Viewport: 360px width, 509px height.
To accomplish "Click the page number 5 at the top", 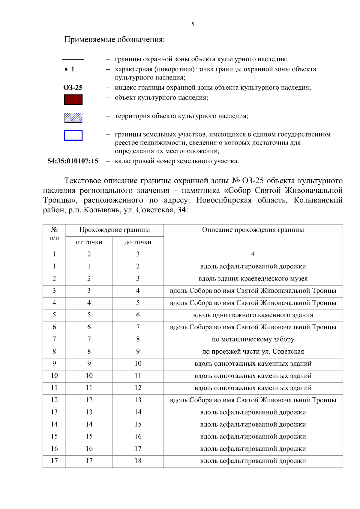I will tap(193, 24).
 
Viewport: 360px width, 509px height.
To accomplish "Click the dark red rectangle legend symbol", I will tap(73, 100).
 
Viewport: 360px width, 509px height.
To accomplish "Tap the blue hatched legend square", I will tap(73, 118).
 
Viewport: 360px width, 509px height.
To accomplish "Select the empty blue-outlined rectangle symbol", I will tap(73, 135).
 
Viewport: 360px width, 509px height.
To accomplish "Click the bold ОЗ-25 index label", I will tap(73, 88).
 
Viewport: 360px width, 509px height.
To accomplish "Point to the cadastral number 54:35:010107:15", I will tap(73, 161).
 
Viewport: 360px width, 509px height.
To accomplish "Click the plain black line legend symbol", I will tap(73, 60).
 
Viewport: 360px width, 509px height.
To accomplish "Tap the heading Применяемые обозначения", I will tap(115, 40).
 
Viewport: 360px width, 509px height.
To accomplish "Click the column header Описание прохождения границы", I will tap(253, 230).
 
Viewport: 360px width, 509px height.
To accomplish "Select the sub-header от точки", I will tap(89, 242).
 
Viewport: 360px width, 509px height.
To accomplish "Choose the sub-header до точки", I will tap(138, 242).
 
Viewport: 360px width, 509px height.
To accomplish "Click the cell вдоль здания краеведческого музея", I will tap(253, 279).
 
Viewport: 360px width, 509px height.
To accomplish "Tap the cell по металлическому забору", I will tap(253, 340).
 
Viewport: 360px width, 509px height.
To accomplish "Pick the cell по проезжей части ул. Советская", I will tap(253, 352).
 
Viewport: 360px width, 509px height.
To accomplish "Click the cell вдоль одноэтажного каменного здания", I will tap(253, 315).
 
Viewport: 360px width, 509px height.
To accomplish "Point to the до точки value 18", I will tap(138, 461).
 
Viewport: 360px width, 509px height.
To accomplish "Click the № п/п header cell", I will tap(54, 234).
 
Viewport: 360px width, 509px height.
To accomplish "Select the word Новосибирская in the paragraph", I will tap(224, 200).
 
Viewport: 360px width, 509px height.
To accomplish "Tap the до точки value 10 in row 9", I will tap(138, 364).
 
